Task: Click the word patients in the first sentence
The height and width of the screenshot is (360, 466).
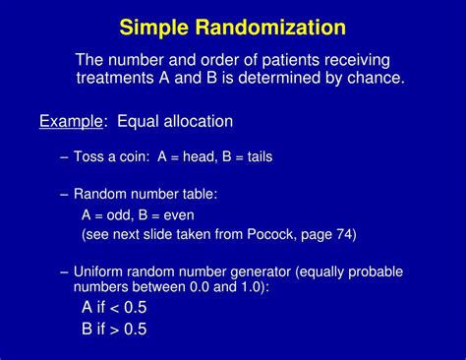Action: [x=276, y=59]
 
